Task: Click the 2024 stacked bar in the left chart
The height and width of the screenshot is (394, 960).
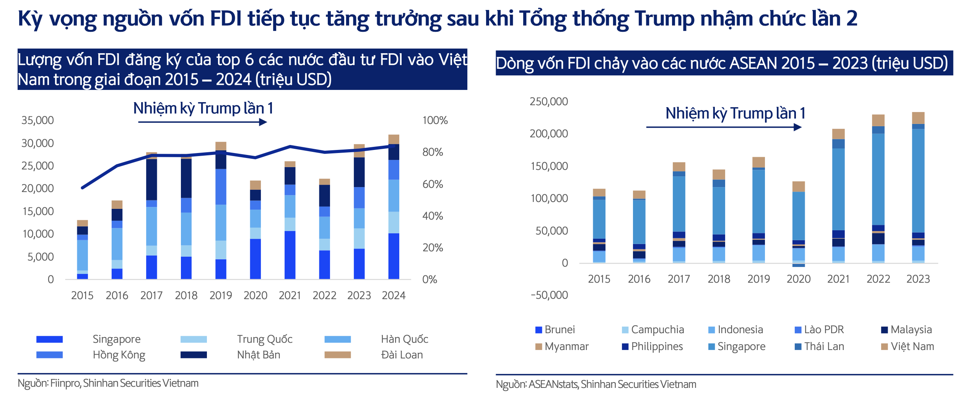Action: [x=394, y=207]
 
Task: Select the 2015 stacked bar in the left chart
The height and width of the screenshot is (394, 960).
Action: [x=82, y=250]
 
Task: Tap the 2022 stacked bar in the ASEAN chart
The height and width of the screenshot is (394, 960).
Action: [x=878, y=189]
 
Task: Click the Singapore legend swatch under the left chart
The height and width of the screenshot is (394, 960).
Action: [x=49, y=339]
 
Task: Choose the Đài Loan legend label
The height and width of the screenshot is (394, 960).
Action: [x=402, y=355]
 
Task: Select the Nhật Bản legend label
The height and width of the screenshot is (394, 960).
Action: [x=259, y=355]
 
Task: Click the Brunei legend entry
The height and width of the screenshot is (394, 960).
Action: [x=555, y=330]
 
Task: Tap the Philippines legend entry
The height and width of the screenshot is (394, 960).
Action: [x=652, y=347]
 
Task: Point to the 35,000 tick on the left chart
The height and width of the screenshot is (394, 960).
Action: [x=37, y=120]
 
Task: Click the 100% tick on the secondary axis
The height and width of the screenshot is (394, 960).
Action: [x=435, y=120]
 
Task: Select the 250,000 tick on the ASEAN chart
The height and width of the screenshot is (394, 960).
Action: [x=548, y=101]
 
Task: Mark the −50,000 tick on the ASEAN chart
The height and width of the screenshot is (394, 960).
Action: [x=549, y=295]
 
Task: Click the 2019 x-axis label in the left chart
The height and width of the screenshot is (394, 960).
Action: [x=221, y=295]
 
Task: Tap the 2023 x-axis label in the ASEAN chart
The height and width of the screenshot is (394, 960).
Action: [x=918, y=279]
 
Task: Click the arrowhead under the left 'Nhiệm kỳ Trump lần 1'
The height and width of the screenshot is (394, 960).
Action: [x=263, y=122]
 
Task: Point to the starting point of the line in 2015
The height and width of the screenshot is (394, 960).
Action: [x=82, y=188]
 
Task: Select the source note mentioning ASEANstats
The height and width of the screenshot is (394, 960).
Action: [x=596, y=384]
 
